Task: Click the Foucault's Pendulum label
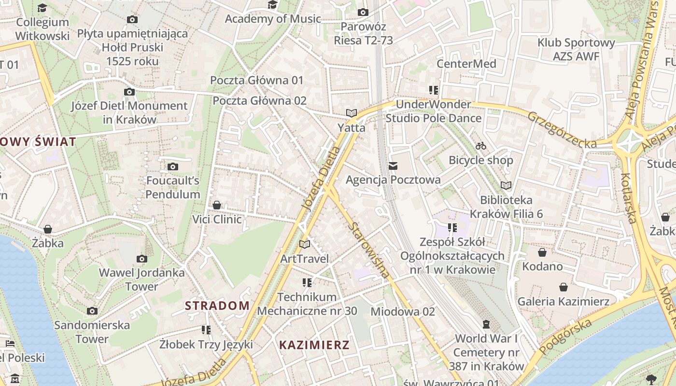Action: click(172, 188)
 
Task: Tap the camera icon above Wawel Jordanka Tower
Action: click(141, 259)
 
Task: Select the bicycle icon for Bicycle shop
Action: click(480, 145)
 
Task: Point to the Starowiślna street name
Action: click(370, 251)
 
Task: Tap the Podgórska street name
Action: click(565, 336)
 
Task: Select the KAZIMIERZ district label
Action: click(314, 345)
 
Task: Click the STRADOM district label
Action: click(217, 305)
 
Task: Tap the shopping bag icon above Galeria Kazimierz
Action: click(563, 287)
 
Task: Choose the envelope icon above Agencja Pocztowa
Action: click(393, 166)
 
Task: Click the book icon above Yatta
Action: click(351, 113)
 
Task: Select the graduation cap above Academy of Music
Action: click(273, 5)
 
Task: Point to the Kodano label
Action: click(542, 266)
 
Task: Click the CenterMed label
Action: click(466, 64)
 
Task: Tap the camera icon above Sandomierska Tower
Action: click(92, 311)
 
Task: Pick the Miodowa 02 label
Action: click(403, 312)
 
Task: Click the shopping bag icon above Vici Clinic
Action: click(217, 205)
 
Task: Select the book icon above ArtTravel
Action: click(304, 245)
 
